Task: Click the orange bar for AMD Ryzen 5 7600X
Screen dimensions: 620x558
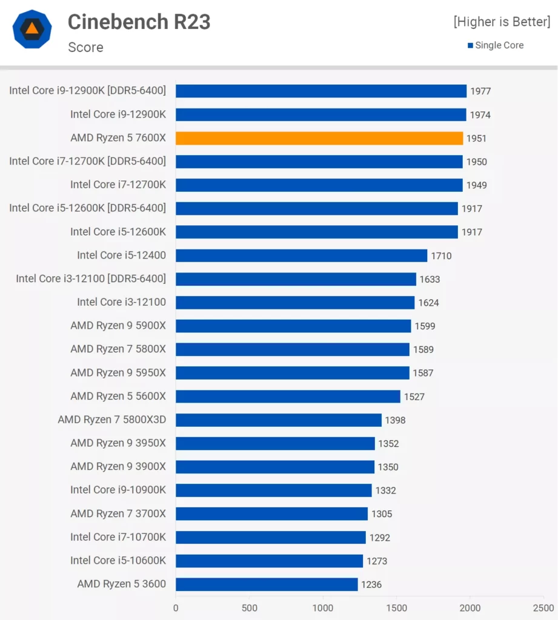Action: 319,138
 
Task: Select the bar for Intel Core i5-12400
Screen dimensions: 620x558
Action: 301,256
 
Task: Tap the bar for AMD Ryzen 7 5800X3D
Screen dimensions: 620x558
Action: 279,420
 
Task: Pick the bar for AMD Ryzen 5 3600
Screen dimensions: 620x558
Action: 267,584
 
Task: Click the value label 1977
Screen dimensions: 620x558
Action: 480,91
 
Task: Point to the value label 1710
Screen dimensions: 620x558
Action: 441,256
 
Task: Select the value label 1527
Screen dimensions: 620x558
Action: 414,397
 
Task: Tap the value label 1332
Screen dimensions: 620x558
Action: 386,490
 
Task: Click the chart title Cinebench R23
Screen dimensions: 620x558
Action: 139,22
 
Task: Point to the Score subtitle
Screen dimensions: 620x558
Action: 85,47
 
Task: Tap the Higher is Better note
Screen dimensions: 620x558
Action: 502,22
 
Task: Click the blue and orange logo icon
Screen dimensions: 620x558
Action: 32,29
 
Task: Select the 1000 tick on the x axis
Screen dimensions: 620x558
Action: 323,608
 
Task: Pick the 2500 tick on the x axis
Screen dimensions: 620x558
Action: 543,608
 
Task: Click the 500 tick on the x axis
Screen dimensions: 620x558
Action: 249,608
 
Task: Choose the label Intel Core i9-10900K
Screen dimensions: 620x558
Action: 118,490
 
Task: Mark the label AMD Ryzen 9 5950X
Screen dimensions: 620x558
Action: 118,372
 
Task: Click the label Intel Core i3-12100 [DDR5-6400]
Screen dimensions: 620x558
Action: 91,279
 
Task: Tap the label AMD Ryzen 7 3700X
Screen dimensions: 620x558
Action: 118,513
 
